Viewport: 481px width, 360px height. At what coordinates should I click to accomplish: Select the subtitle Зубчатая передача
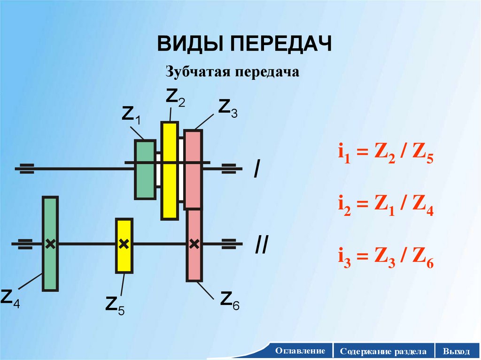[233, 72]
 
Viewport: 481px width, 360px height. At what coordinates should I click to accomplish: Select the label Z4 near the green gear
[10, 298]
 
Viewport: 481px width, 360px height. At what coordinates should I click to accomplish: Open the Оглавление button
[300, 351]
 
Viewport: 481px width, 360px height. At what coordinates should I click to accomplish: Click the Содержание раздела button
[384, 351]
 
